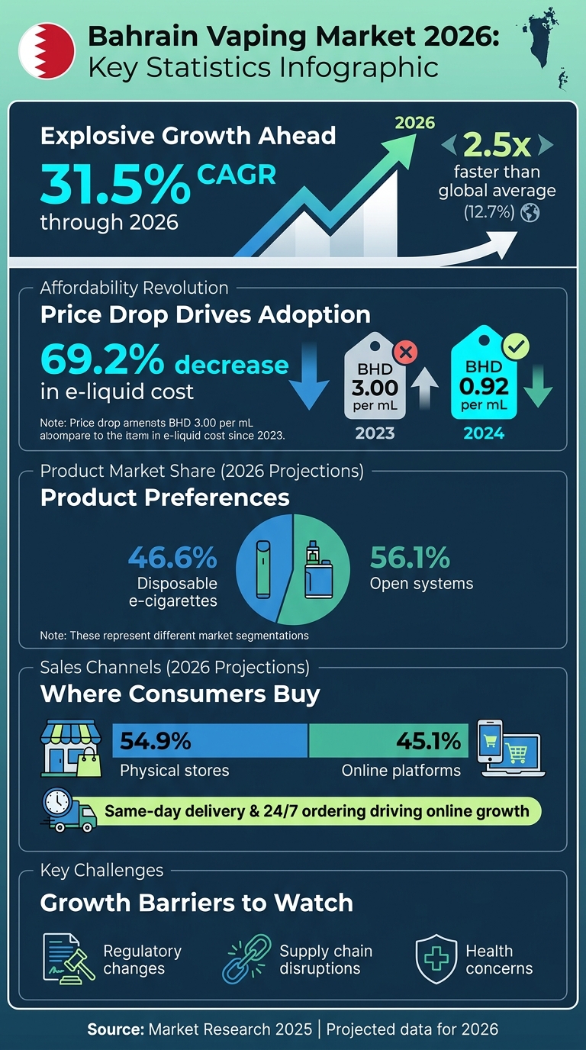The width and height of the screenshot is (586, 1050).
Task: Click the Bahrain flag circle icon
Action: [x=47, y=50]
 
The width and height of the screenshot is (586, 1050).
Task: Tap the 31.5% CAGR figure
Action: [x=114, y=182]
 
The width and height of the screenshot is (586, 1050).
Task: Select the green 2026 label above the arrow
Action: [x=415, y=123]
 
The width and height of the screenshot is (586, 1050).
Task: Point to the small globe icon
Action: [x=530, y=214]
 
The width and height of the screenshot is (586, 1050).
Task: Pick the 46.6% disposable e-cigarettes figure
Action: [x=172, y=559]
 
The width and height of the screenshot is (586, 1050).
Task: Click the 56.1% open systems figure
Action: [x=410, y=559]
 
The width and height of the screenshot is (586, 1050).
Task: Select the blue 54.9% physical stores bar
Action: [x=210, y=740]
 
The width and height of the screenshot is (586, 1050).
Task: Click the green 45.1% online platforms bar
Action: [x=388, y=740]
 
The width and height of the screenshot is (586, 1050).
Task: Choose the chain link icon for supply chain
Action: [x=246, y=958]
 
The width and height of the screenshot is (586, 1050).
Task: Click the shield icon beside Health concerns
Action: [x=436, y=959]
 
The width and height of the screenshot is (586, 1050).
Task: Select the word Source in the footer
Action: [x=114, y=1029]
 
